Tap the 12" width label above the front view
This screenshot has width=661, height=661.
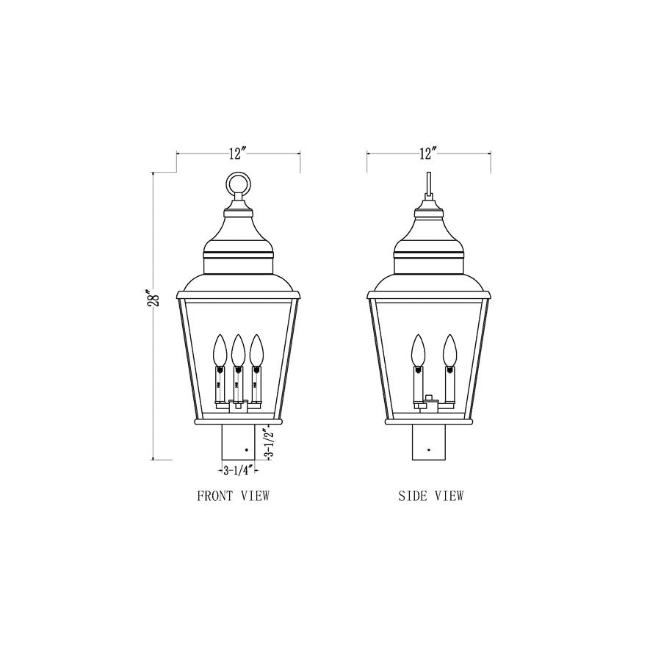[237, 153]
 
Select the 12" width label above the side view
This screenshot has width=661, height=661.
[428, 153]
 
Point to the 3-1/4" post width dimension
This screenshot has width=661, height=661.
[237, 469]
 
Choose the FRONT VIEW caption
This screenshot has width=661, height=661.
[234, 496]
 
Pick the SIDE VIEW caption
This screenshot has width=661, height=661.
[431, 496]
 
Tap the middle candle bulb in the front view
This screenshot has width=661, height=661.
[238, 350]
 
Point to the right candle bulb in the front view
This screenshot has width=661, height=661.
[256, 350]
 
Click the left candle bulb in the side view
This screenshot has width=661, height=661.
[419, 350]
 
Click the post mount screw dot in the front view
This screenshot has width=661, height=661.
[247, 447]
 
